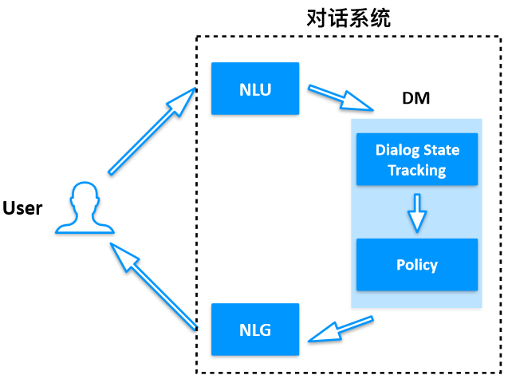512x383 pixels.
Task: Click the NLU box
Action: point(255,89)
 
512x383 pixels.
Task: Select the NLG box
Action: point(255,329)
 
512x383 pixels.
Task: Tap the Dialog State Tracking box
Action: point(416,160)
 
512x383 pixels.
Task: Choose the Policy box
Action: point(416,264)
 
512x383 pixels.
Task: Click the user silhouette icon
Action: point(84,209)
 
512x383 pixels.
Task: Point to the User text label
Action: point(22,208)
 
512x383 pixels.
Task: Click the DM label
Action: point(416,100)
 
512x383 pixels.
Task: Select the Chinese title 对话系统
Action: point(349,18)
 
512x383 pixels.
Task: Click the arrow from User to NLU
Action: point(152,131)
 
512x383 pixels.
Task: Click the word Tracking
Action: point(416,170)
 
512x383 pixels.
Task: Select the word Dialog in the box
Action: point(396,150)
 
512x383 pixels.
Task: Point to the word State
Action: point(441,150)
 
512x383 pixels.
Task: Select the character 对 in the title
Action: point(317,18)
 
